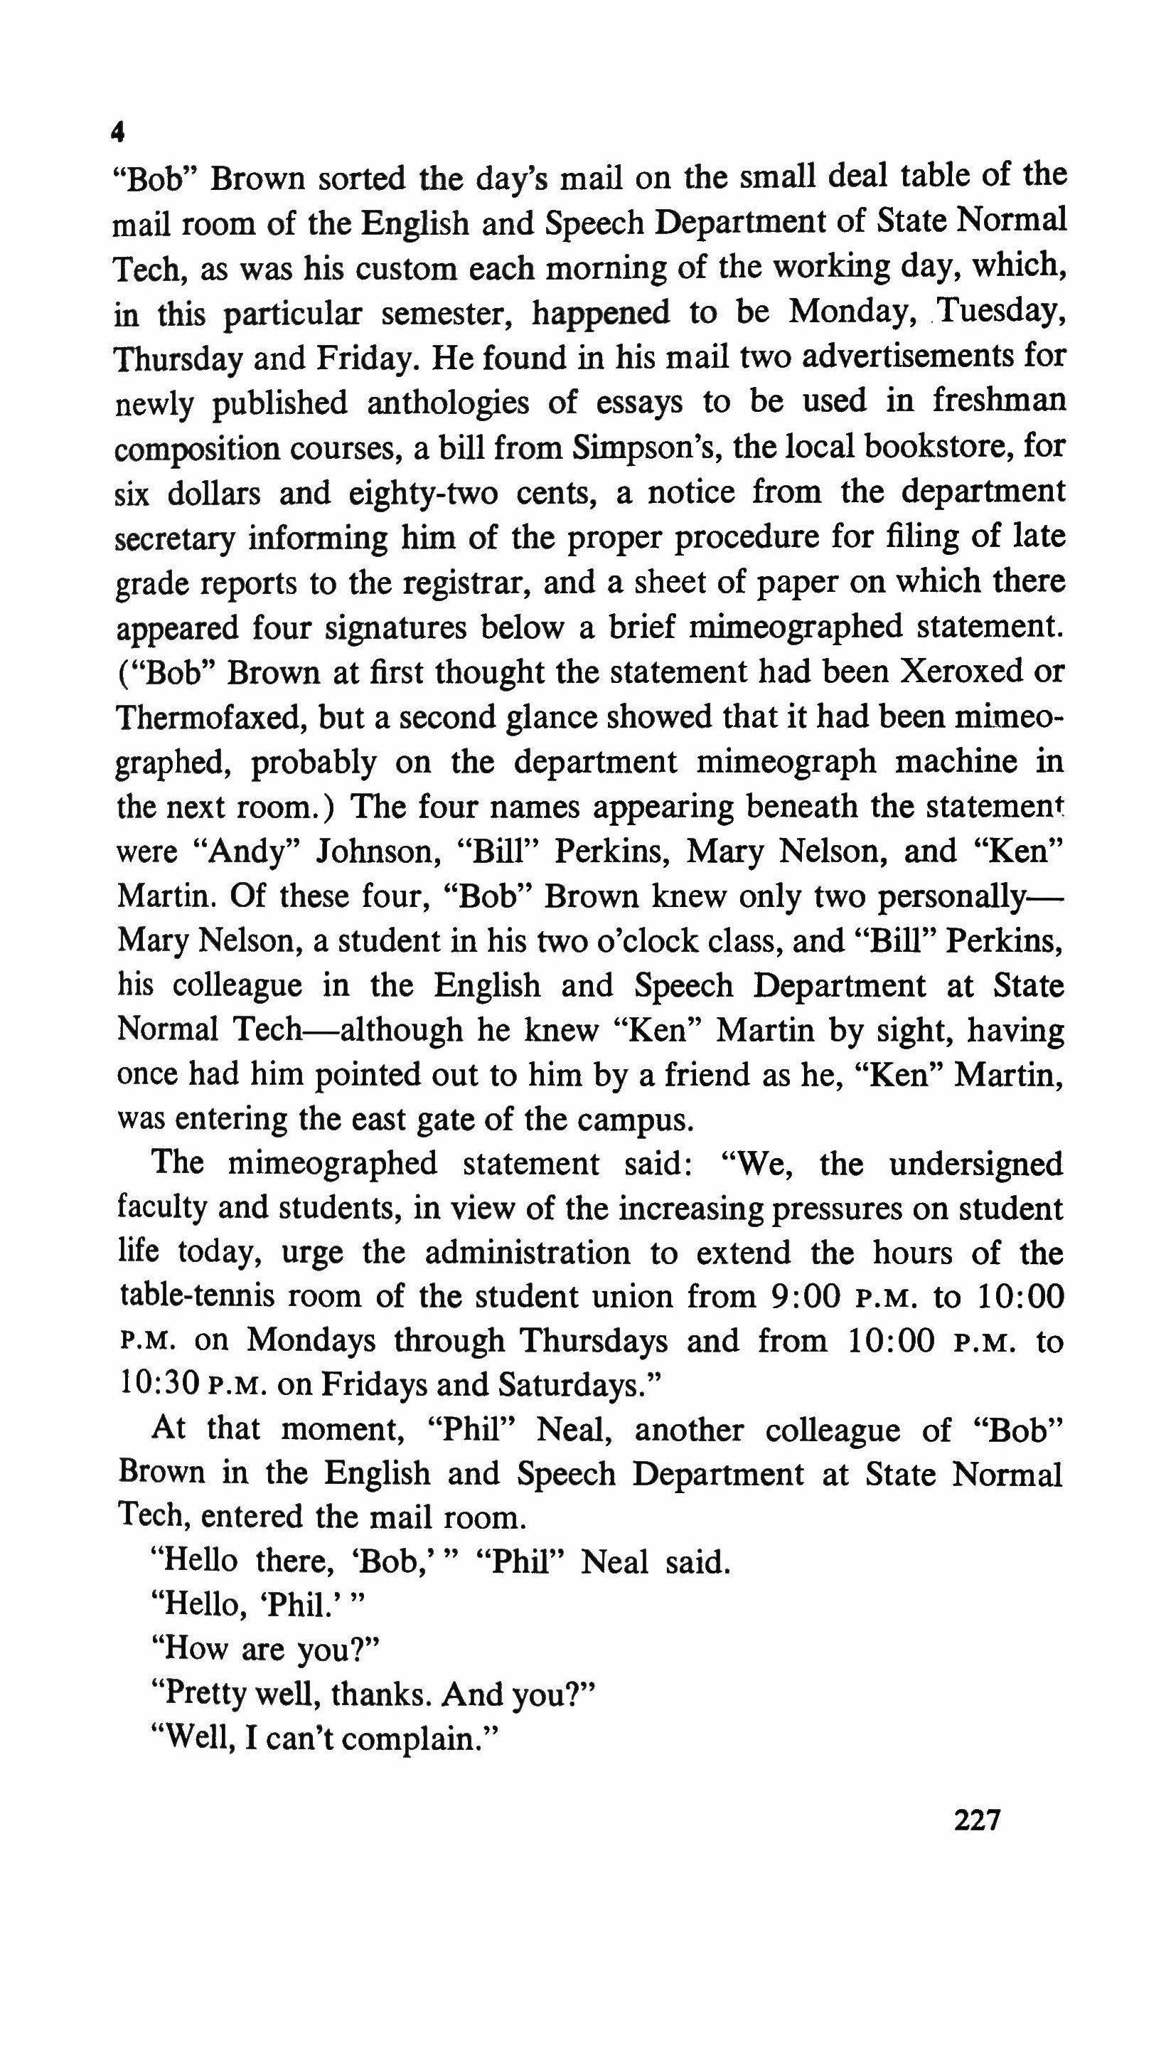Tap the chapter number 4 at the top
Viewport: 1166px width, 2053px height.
(118, 132)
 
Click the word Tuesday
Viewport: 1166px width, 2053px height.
(1001, 312)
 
